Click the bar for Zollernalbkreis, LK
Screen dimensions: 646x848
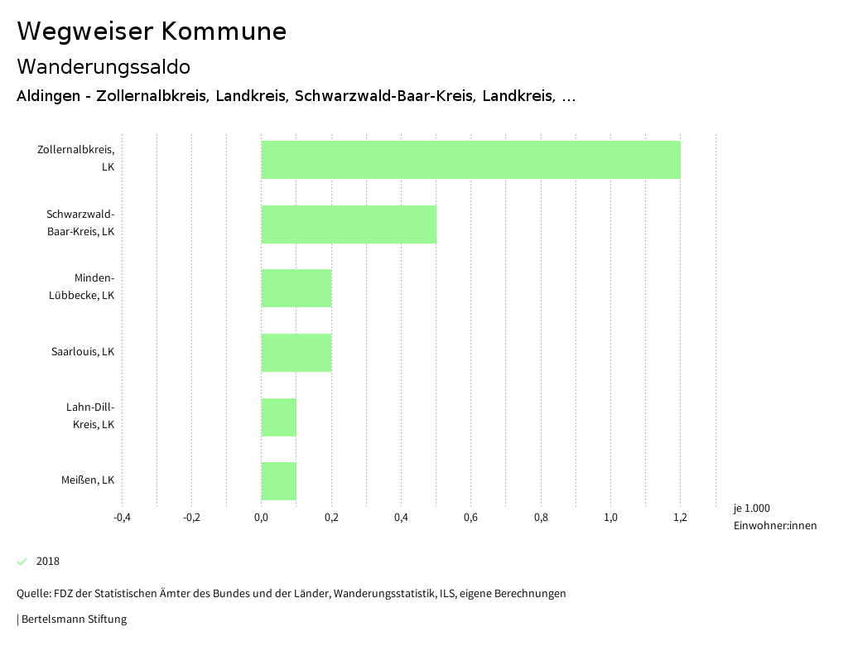tap(470, 160)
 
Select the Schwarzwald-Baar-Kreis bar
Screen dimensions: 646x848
tap(349, 224)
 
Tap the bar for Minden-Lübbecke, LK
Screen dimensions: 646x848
tap(296, 288)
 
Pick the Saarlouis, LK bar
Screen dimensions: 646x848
tap(296, 353)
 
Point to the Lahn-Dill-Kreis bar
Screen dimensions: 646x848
tap(279, 417)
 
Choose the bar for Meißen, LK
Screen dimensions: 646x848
tap(279, 481)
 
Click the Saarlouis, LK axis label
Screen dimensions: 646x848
tap(83, 352)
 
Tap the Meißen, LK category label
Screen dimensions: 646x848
tap(88, 480)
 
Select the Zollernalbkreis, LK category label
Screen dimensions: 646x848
tap(76, 158)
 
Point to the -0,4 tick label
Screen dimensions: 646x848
tap(122, 518)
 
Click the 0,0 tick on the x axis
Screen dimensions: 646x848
tap(261, 518)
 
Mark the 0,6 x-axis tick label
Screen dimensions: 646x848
tap(470, 518)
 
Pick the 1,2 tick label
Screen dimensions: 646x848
tap(680, 518)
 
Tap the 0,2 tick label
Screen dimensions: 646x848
tap(331, 518)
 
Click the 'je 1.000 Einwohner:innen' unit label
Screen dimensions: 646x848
tap(774, 517)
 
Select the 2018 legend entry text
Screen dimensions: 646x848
tap(48, 562)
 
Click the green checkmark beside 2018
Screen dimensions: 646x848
tap(22, 562)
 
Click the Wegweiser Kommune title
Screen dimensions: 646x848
tap(152, 31)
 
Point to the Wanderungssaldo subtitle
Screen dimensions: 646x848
tap(104, 66)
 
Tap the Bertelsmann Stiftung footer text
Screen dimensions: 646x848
tap(73, 619)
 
